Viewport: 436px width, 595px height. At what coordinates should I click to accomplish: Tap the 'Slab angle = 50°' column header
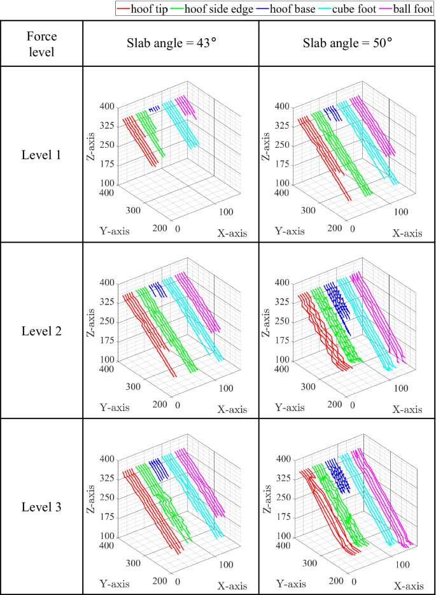coord(347,43)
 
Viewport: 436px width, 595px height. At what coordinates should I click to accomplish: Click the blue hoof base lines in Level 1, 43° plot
coord(153,110)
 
